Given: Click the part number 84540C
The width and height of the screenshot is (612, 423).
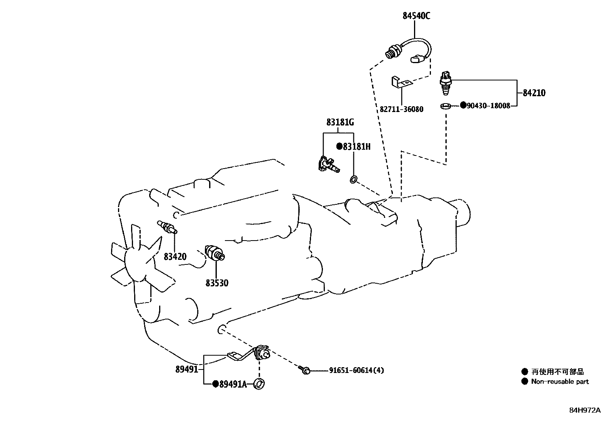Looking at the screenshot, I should point(416,16).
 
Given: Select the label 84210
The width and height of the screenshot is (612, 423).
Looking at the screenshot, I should point(534,93).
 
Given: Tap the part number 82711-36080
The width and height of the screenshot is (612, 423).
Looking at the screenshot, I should point(401,109).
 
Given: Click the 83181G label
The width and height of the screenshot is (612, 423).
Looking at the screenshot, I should point(340,122).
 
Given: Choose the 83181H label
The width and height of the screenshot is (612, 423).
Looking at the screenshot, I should point(356,147).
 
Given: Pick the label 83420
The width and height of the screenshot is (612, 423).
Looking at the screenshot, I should point(175,256).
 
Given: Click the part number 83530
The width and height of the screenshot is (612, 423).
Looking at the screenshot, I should point(217,283).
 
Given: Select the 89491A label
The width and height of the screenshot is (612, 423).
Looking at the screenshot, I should point(233,384).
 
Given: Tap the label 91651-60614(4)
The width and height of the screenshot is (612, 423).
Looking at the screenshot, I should point(356,370).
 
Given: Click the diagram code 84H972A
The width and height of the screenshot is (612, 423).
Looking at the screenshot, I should point(585,410).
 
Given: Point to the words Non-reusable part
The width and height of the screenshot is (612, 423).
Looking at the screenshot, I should point(560,381).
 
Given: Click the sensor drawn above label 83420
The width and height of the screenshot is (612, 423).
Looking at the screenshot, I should point(167,227).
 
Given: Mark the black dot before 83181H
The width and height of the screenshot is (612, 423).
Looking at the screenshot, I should point(339,147).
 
